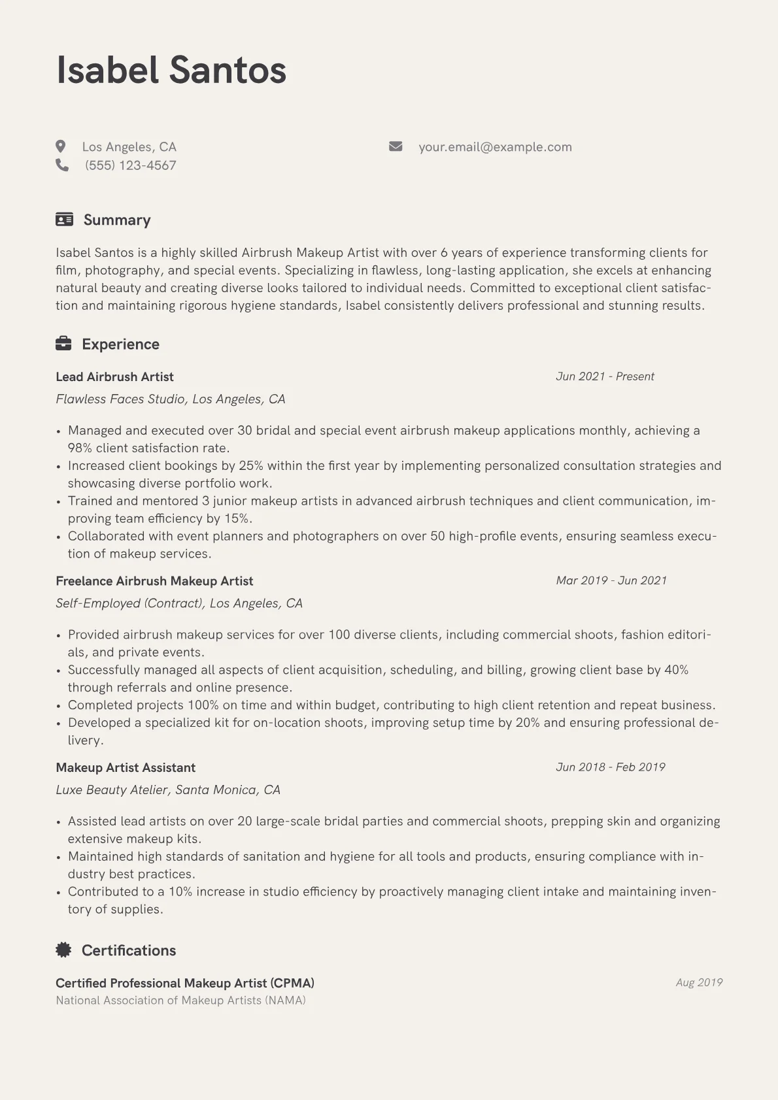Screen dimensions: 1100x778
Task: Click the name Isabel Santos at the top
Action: [171, 70]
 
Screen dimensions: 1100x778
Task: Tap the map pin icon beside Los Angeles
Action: [61, 146]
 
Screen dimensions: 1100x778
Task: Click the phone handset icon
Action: [62, 165]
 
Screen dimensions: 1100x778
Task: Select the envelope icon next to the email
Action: [396, 146]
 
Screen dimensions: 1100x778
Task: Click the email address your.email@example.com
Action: [495, 147]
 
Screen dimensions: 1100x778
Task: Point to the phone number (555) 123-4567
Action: [130, 165]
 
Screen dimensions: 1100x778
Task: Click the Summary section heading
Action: [117, 220]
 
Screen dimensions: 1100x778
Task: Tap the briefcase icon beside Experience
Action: [63, 344]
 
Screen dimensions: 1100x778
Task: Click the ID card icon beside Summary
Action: [64, 220]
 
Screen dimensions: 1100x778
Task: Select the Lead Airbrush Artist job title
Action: [114, 376]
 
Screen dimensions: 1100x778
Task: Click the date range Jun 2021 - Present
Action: [605, 376]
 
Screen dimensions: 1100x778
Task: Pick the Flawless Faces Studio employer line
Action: [171, 399]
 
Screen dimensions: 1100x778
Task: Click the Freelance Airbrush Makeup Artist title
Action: [154, 580]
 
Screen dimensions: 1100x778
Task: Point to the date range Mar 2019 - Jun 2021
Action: [611, 580]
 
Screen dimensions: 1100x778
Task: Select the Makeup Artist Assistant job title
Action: [126, 767]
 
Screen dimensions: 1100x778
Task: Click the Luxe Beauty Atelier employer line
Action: [168, 790]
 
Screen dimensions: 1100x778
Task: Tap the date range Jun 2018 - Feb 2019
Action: [611, 767]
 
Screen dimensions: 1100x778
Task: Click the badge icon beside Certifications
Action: [63, 950]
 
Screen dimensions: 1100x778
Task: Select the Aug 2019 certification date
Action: [699, 982]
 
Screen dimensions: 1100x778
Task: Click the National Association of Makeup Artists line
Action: [180, 1000]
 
